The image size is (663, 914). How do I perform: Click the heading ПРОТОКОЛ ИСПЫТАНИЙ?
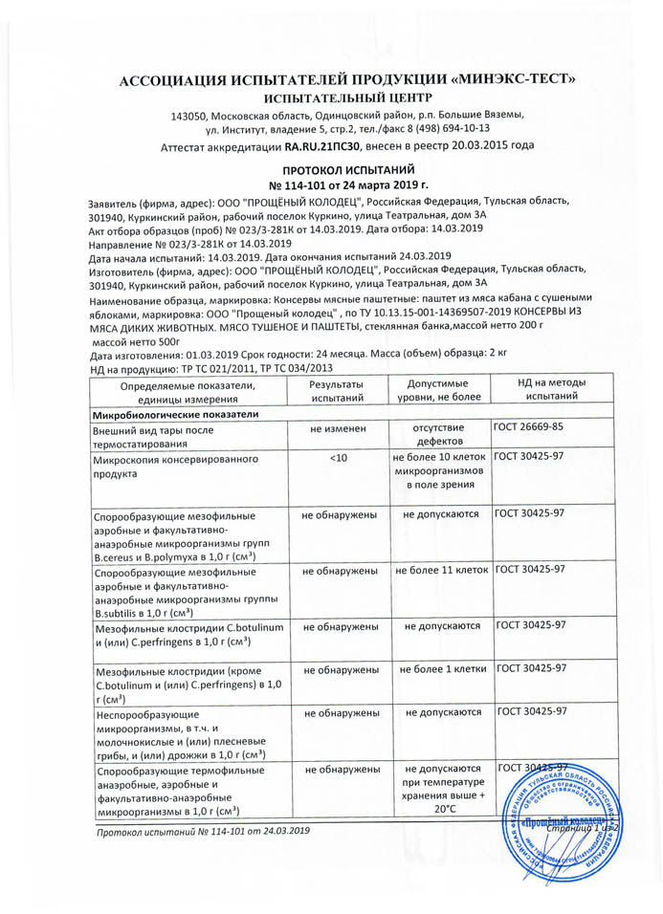click(330, 167)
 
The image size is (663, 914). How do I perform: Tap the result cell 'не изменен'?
click(338, 430)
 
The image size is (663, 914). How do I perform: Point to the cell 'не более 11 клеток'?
click(441, 570)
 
